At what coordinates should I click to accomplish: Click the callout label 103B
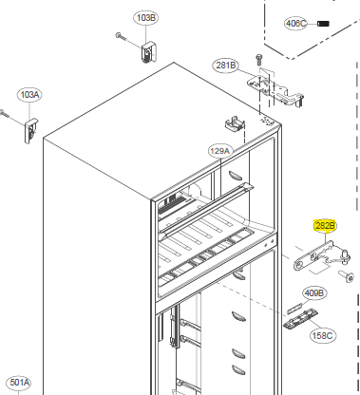[145, 18]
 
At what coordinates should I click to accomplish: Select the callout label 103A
[29, 95]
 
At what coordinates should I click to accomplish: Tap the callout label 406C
[295, 24]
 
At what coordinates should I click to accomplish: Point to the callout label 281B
[225, 66]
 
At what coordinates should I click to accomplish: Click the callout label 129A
[220, 151]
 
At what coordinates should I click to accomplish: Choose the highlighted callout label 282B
[325, 226]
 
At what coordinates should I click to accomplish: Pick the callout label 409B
[313, 293]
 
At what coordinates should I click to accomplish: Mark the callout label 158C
[323, 335]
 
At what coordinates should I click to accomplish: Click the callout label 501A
[19, 383]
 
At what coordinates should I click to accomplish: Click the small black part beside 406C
[323, 24]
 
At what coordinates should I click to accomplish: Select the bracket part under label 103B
[149, 52]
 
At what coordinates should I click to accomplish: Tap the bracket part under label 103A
[31, 130]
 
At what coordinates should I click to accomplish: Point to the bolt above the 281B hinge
[258, 60]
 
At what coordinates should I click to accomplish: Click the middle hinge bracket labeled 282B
[321, 255]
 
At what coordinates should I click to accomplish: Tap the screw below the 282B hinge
[346, 276]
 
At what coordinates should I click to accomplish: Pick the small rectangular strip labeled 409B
[294, 308]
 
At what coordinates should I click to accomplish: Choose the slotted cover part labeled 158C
[300, 319]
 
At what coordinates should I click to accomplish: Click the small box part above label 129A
[236, 122]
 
